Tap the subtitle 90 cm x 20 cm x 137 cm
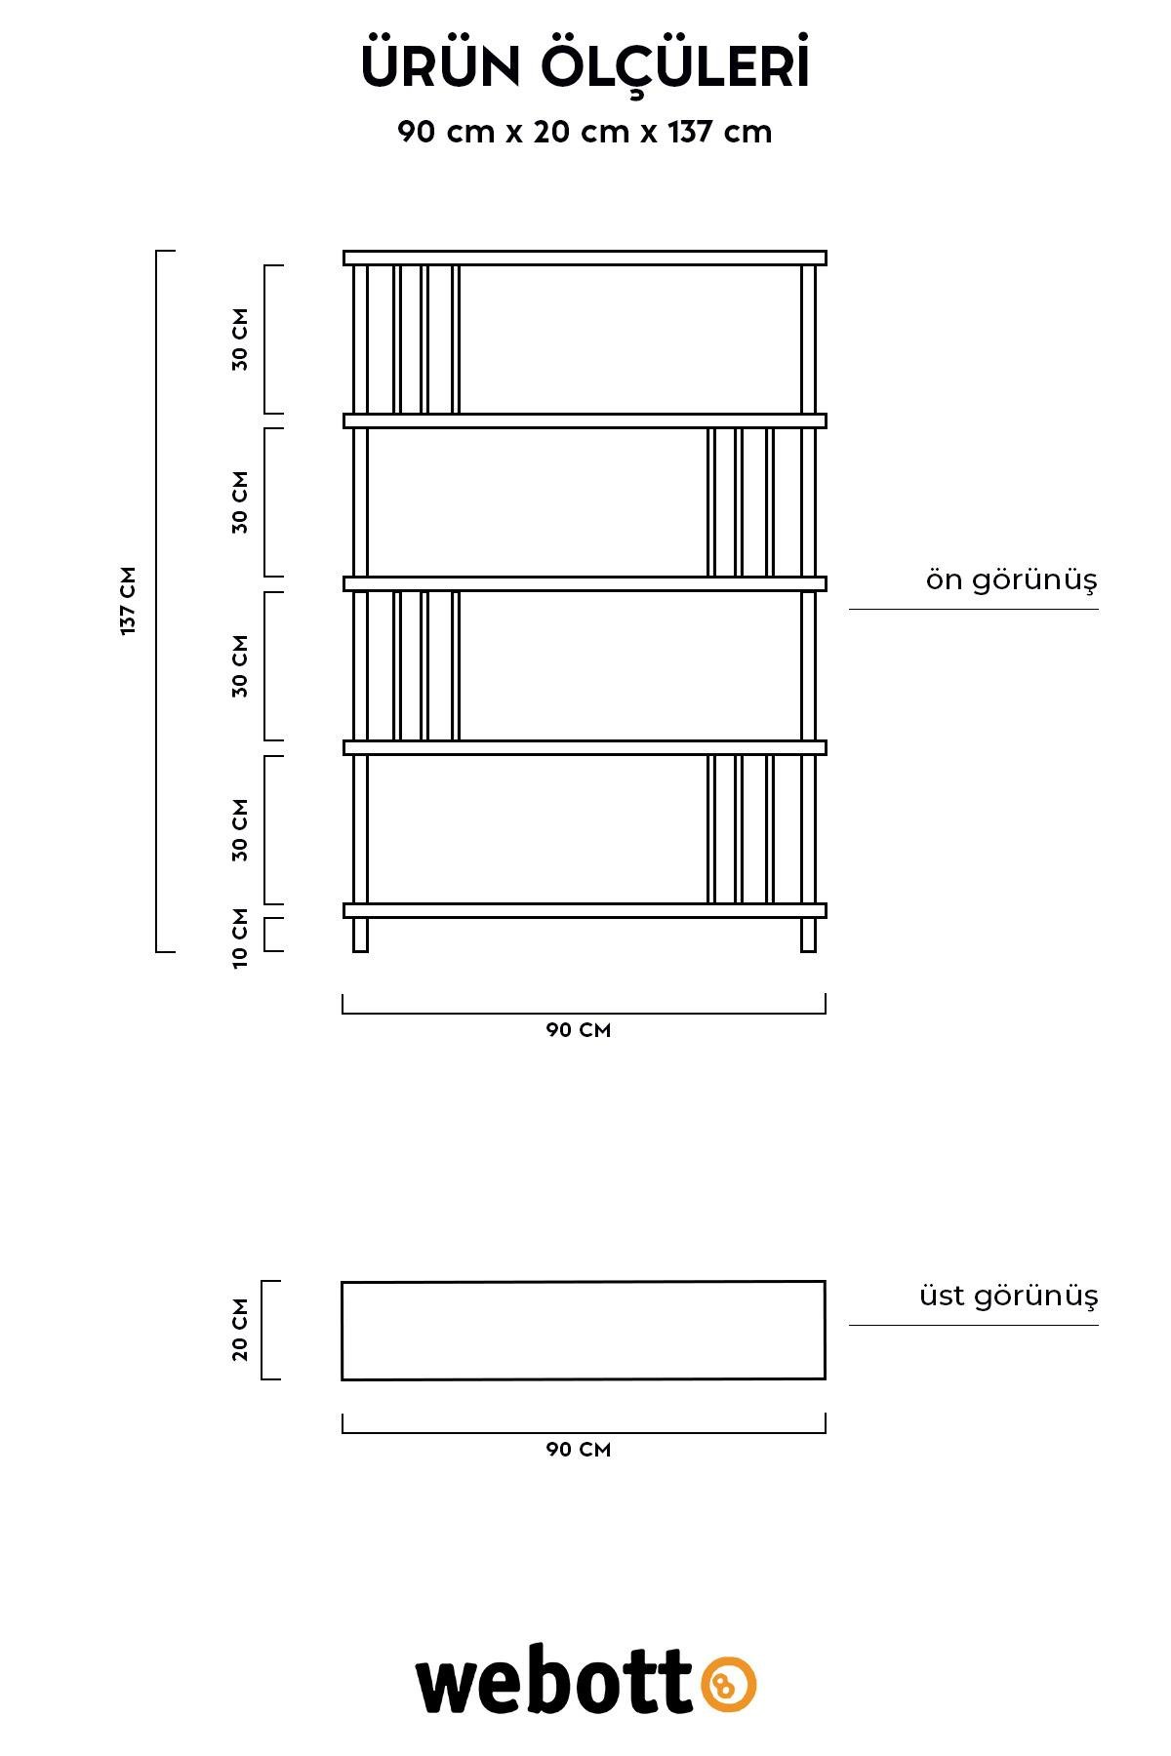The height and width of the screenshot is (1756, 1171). pos(585,132)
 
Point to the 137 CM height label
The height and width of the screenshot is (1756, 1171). pos(128,601)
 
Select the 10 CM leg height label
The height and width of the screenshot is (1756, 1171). pos(240,938)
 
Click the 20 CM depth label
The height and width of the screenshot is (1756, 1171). pos(240,1330)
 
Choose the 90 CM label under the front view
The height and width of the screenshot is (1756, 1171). pos(579,1030)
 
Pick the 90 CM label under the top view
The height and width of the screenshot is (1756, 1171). pos(579,1450)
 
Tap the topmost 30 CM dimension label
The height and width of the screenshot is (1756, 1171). pos(240,339)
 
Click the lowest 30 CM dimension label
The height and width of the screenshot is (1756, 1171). pos(240,830)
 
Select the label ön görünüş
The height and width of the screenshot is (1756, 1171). pos(1012,579)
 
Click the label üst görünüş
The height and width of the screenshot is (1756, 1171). pos(1009,1296)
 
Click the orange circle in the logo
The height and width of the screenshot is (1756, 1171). pos(728,1684)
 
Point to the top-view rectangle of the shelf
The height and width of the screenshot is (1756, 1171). pos(584,1282)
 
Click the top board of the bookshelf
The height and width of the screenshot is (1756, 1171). pos(585,258)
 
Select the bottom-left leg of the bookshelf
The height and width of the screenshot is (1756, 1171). pos(360,935)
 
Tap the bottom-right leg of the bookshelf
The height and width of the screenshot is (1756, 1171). pos(808,935)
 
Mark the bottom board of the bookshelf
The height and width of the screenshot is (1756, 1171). pos(585,910)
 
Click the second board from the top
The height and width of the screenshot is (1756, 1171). pos(585,420)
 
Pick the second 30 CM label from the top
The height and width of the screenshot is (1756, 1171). pos(240,502)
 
